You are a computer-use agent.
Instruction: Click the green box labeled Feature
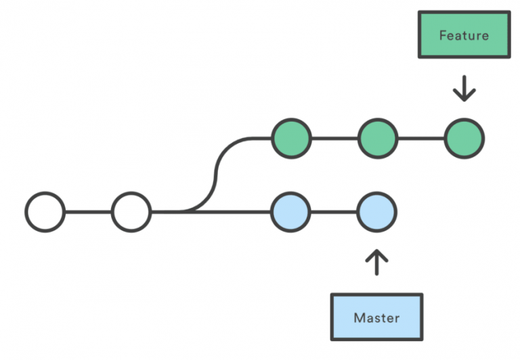(x=464, y=35)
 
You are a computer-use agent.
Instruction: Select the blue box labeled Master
(x=376, y=317)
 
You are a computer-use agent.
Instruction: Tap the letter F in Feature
(x=443, y=35)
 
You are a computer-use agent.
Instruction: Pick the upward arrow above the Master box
(x=376, y=262)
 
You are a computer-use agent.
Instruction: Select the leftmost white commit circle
(x=45, y=212)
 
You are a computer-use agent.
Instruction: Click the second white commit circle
(x=131, y=212)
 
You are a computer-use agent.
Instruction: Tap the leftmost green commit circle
(x=290, y=139)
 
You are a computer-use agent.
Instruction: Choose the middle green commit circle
(x=376, y=139)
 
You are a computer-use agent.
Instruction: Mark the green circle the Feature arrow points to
(x=464, y=139)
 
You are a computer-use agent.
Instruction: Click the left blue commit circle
(x=290, y=212)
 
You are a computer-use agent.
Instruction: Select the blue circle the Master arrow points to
(x=376, y=212)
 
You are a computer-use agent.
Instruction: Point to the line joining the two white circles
(x=88, y=212)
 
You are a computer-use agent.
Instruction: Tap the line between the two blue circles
(x=334, y=212)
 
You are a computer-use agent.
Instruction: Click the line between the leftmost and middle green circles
(x=334, y=139)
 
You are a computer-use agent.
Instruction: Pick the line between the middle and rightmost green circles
(x=420, y=139)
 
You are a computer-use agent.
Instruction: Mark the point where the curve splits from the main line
(x=183, y=212)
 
